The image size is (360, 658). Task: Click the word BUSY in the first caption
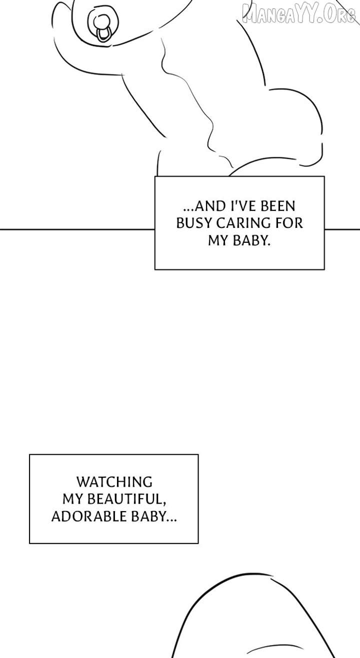[x=194, y=223]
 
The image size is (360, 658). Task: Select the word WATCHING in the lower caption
[x=114, y=482]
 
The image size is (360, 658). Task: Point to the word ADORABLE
[x=82, y=517]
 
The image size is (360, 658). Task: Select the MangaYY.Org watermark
[x=298, y=13]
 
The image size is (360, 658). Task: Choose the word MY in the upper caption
[x=217, y=240]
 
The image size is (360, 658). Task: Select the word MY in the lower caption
[x=72, y=499]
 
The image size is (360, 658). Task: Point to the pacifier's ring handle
[x=103, y=34]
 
